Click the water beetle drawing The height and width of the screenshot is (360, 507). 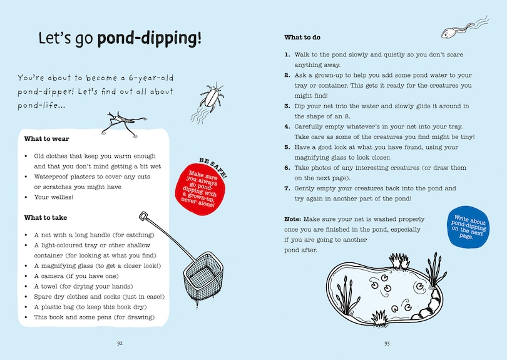click(211, 98)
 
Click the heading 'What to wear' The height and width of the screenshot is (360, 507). click(46, 139)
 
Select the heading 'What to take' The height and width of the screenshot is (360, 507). click(46, 217)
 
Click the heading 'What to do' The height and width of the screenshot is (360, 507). click(304, 38)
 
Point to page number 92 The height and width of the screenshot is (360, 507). click(120, 343)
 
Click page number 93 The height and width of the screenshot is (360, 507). click(387, 343)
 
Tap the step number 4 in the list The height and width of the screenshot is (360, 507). click(287, 126)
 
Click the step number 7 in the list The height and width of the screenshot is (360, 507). click(287, 188)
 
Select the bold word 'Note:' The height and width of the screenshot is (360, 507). click(293, 219)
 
